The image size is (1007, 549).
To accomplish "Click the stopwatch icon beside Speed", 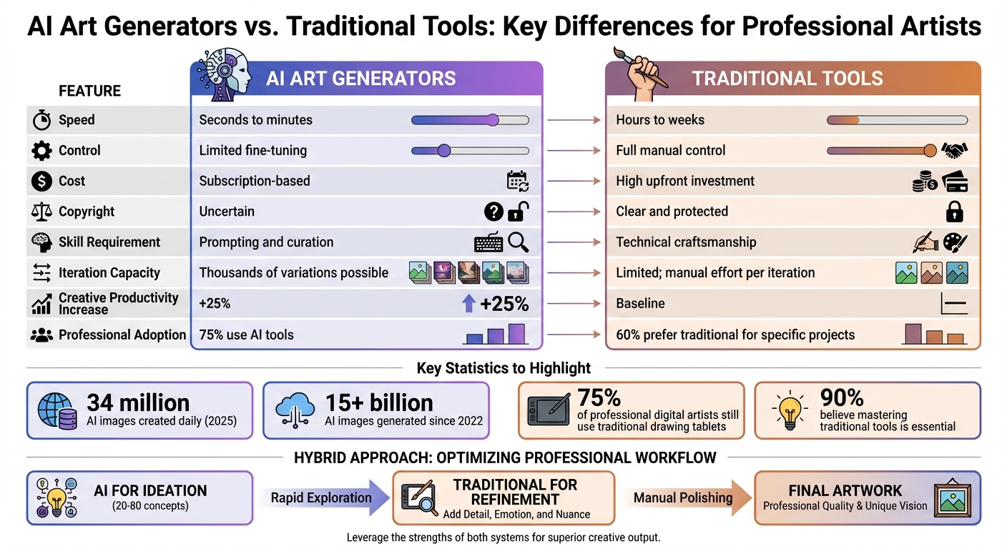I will pos(41,120).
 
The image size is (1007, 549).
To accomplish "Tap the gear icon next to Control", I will pos(41,151).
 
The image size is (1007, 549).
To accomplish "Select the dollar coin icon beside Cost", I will pos(41,182).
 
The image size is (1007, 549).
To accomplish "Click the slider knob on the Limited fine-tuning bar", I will pos(443,151).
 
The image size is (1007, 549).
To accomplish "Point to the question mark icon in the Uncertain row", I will pos(493,212).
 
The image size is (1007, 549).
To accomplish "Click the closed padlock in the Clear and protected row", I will pos(954,212).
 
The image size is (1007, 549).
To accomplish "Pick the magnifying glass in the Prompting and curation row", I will pos(519,242).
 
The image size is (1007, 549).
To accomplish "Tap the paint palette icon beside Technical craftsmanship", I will pos(955,242).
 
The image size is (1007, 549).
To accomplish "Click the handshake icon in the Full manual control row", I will pos(955,151).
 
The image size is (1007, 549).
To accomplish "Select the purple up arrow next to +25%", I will pos(468,304).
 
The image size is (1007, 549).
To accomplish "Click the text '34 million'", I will pos(138,402).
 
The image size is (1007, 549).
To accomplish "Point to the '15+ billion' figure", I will pos(379,402).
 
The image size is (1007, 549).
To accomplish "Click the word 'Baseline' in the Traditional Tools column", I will pos(640,304).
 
